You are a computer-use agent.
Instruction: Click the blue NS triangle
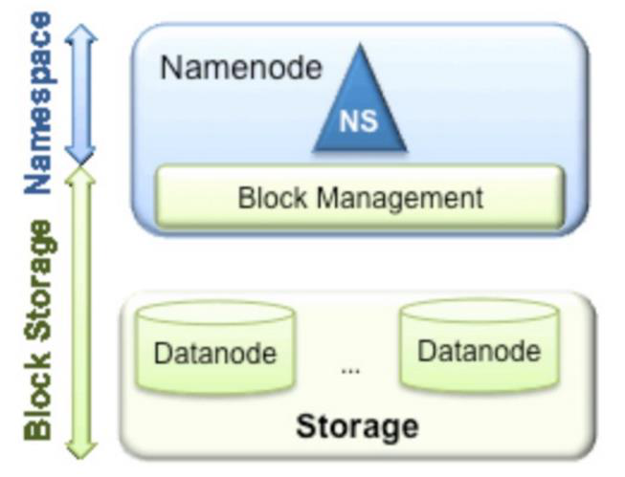(359, 110)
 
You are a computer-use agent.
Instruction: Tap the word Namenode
(241, 68)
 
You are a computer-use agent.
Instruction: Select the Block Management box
(360, 198)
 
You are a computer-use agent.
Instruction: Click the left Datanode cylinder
(214, 348)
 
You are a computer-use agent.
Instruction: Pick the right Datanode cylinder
(479, 345)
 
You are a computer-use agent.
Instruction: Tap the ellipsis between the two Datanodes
(350, 369)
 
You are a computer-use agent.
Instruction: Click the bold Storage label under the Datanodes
(356, 425)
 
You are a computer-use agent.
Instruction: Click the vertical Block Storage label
(38, 330)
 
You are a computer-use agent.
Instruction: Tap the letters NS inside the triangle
(359, 122)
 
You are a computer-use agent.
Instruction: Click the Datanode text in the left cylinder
(214, 354)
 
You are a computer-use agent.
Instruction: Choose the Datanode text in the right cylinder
(479, 350)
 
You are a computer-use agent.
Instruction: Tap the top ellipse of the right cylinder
(479, 311)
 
